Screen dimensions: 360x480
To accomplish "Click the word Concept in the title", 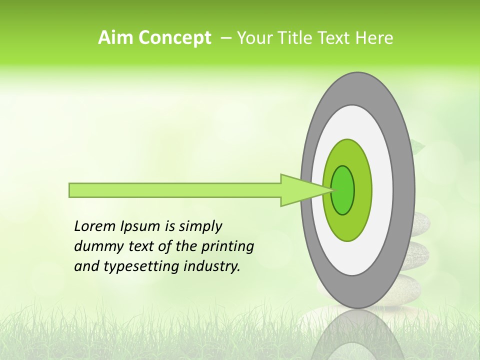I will click(173, 38).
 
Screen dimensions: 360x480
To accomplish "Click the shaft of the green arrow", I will click(175, 190).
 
